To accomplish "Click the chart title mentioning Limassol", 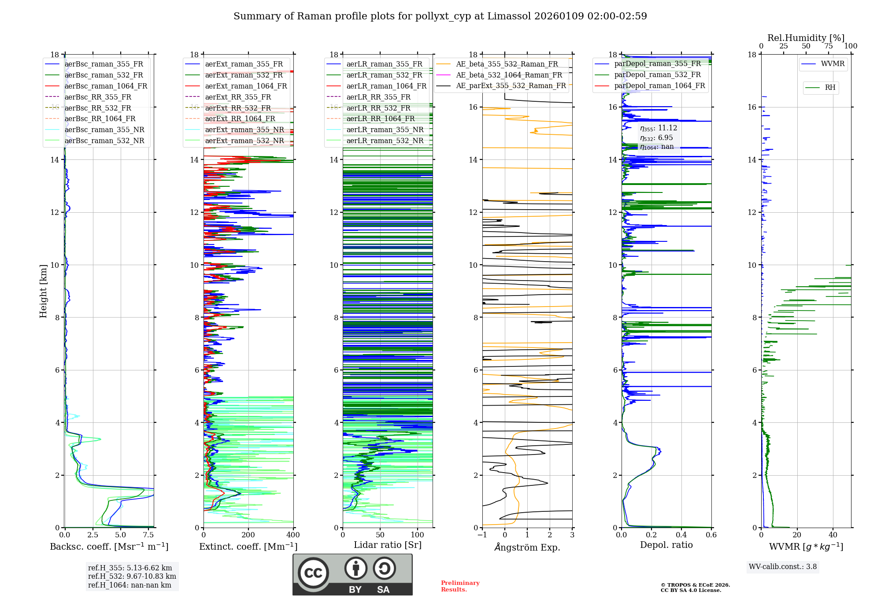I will coord(440,16).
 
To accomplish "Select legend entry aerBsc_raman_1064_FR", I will coord(106,86).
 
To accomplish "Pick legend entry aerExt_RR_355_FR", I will coord(238,97).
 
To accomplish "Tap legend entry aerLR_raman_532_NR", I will coord(385,141).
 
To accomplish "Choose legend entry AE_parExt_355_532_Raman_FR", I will coord(511,85).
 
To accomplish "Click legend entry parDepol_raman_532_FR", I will coord(657,74).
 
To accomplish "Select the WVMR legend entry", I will coord(832,64).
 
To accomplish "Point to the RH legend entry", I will coord(830,88).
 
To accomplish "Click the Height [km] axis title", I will coord(43,291).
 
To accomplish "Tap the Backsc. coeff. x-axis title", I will coord(109,547).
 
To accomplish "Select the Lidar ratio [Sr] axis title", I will coord(387,545).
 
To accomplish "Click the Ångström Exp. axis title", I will coord(527,547).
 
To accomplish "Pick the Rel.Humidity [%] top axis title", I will coord(806,38).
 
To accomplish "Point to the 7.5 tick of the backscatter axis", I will coord(149,535).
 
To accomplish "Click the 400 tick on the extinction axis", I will coord(293,535).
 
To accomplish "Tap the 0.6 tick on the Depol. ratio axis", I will coord(711,535).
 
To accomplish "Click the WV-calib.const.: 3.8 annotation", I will coord(783,567).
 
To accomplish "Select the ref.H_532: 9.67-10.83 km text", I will coord(132,577).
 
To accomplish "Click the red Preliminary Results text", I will coord(460,586).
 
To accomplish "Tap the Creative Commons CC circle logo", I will coord(313,573).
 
